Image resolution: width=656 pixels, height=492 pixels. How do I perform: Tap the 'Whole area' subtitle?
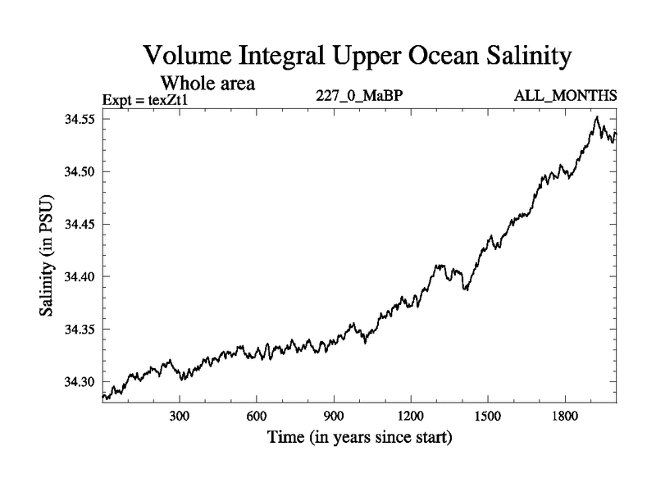pos(208,83)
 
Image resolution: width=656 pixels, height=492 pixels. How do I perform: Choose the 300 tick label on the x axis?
pos(180,415)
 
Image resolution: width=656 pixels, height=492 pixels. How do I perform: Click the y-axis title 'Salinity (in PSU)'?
pos(47,257)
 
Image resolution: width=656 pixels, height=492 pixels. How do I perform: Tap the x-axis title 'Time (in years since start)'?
pos(360,438)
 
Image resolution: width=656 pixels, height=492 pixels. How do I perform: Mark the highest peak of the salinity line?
pos(596,117)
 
